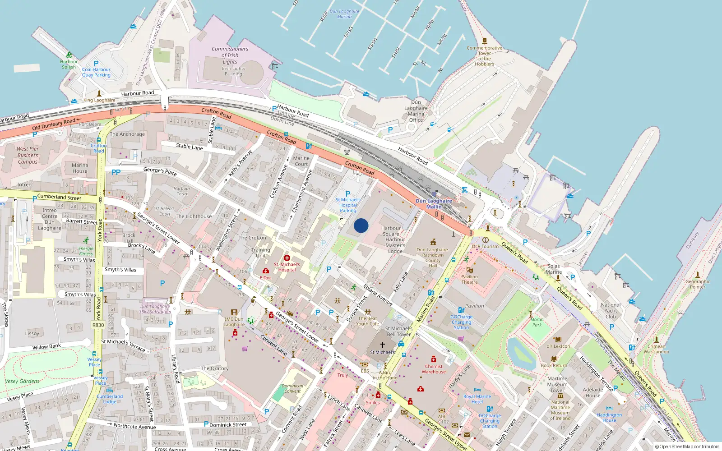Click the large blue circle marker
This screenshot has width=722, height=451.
tap(361, 225)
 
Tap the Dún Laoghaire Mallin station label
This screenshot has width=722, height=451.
tap(434, 204)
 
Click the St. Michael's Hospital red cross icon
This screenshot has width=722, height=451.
tap(287, 258)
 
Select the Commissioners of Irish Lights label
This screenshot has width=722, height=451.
tap(230, 55)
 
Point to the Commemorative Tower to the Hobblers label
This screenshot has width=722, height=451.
tap(484, 56)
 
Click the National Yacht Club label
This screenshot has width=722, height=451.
tap(611, 310)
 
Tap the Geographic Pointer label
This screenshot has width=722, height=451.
tap(697, 284)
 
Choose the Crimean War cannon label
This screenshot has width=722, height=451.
tap(656, 349)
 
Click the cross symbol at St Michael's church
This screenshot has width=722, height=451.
tap(383, 345)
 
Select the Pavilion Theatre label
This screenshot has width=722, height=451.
tap(469, 279)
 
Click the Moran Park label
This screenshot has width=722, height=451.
tap(537, 322)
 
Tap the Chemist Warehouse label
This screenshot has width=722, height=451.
tap(434, 369)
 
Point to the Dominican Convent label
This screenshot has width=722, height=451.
tap(292, 388)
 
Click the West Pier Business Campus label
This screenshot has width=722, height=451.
tap(28, 155)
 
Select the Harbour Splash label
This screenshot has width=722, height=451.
tap(69, 64)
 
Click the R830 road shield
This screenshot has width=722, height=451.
tap(98, 325)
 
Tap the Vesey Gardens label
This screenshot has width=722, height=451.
tap(22, 381)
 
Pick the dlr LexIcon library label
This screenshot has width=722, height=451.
tap(558, 346)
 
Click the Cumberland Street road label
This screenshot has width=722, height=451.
tap(59, 197)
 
